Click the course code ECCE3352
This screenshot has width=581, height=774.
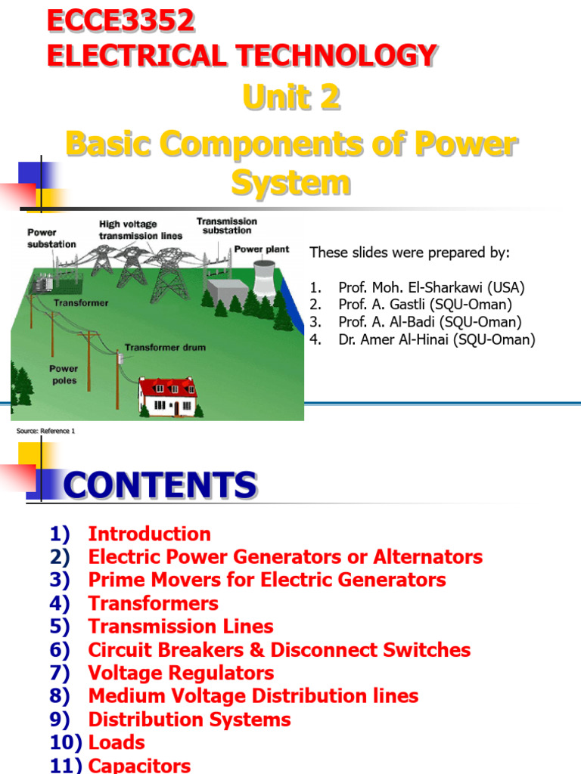[x=121, y=22]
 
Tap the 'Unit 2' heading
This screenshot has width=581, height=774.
[x=290, y=98]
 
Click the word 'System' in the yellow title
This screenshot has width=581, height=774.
[x=290, y=182]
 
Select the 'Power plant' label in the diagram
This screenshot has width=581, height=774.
[x=261, y=249]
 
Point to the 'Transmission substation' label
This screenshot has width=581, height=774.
[x=226, y=225]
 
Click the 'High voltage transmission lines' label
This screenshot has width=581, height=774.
[x=140, y=230]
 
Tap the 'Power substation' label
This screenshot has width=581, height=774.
[x=51, y=238]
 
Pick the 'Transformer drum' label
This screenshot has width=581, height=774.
[x=164, y=348]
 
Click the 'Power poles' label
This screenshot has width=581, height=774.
[x=64, y=375]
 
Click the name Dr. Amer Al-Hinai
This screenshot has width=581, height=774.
[x=437, y=339]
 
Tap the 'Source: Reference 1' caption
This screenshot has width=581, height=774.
[x=45, y=431]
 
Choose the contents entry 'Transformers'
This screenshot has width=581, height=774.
[x=153, y=603]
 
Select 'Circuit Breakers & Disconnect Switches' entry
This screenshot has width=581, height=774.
[x=279, y=650]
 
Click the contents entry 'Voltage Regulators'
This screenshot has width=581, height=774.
[x=181, y=673]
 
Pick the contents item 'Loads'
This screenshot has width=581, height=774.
[x=117, y=742]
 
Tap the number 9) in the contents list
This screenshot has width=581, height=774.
[x=60, y=719]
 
